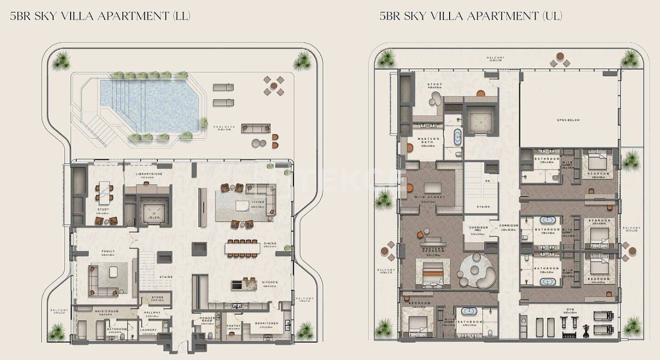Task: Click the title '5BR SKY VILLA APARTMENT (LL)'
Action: [101, 16]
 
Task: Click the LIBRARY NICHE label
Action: [147, 174]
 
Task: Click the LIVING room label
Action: [258, 202]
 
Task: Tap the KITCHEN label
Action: [270, 282]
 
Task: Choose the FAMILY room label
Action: [108, 251]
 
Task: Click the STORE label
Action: [157, 298]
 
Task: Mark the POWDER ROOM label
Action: [207, 320]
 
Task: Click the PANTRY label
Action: [234, 326]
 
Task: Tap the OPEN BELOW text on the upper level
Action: [568, 120]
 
